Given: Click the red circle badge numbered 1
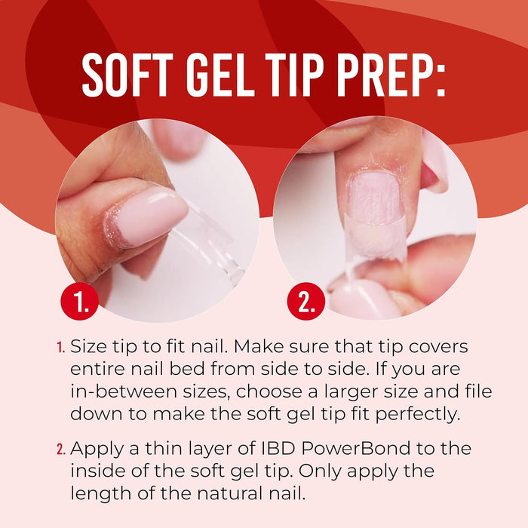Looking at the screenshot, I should [x=81, y=302].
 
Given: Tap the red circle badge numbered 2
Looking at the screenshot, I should [x=306, y=302].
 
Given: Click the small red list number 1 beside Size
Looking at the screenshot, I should [x=60, y=348].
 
